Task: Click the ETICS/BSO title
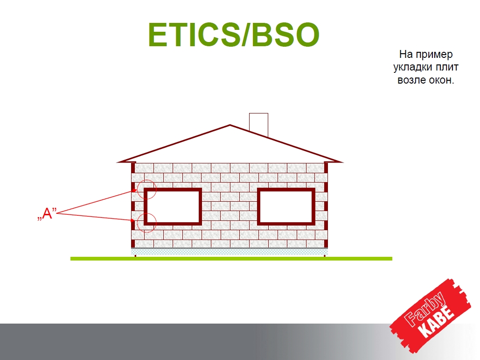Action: [234, 35]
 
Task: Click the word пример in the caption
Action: [434, 55]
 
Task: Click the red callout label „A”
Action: [47, 213]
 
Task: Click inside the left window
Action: [173, 206]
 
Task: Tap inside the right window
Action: [286, 206]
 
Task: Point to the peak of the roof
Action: [230, 125]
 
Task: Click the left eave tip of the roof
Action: [118, 162]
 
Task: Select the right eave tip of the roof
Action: [342, 162]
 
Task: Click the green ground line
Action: [231, 259]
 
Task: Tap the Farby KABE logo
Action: [431, 316]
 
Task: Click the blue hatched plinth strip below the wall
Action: [230, 252]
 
